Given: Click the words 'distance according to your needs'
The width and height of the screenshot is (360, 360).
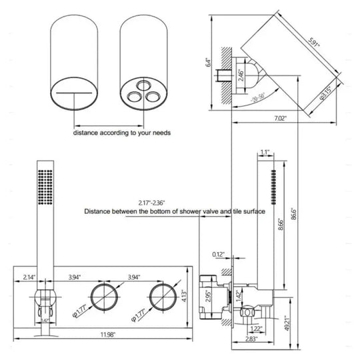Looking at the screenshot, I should point(121,133).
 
